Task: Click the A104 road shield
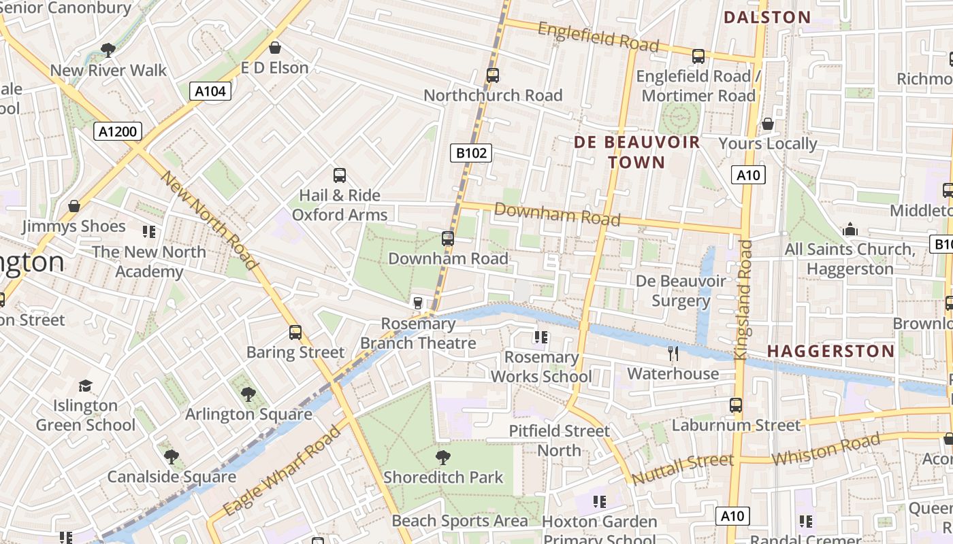pos(210,91)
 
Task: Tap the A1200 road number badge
pos(118,131)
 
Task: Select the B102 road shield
pos(471,153)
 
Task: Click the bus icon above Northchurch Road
pos(493,75)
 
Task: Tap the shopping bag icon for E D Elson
pos(275,48)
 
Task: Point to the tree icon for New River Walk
pos(108,50)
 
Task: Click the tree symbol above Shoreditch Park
pos(443,457)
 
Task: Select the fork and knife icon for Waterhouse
pos(673,353)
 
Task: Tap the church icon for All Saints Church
pos(850,230)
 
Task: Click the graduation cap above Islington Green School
pos(85,386)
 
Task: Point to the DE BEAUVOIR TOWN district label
pos(636,152)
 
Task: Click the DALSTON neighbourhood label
pos(767,18)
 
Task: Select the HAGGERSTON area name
pos(831,352)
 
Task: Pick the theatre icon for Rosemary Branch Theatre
pos(418,303)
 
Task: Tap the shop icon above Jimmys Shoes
pos(74,205)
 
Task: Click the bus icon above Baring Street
pos(295,333)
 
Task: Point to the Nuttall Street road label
pos(683,469)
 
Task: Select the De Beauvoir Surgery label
pos(681,290)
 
